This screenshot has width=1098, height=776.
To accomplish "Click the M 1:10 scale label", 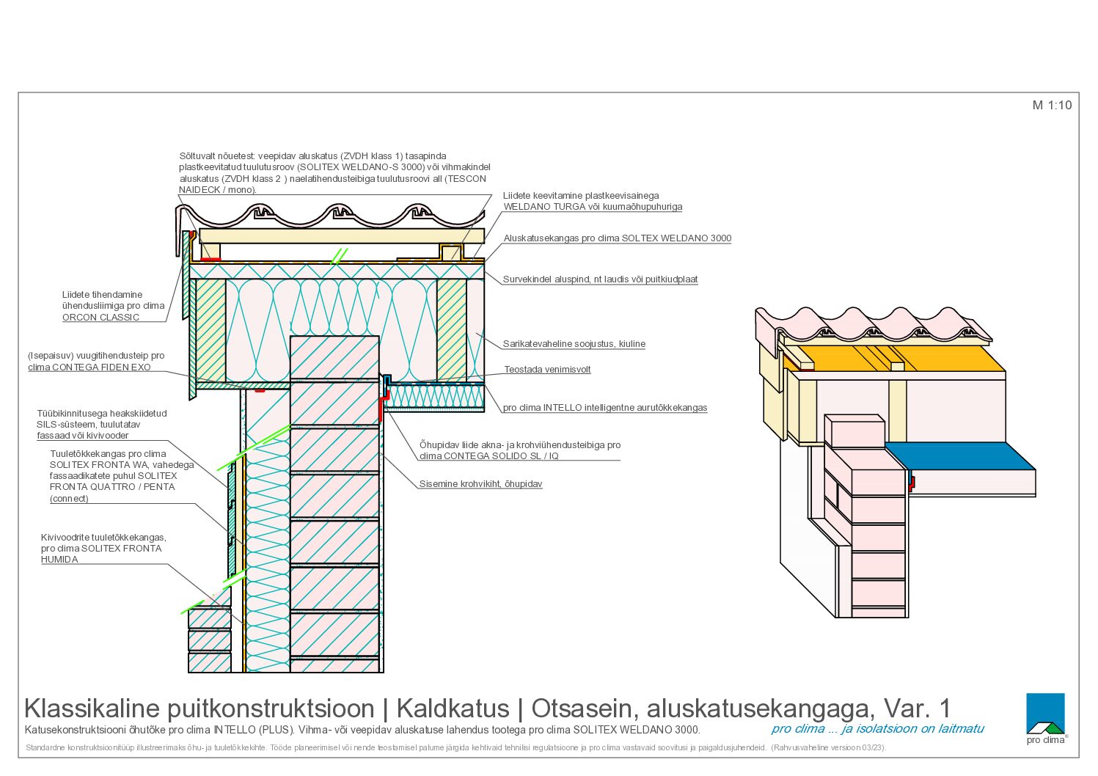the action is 1052,105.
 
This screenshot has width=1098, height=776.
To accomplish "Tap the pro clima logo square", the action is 1045,713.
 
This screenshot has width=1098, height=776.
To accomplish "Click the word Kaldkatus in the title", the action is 453,709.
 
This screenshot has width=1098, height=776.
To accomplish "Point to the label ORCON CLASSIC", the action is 101,317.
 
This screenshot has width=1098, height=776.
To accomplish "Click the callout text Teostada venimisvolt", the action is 547,369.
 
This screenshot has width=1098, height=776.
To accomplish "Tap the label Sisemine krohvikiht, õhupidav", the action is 480,484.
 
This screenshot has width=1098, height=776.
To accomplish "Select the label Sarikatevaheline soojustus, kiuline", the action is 574,344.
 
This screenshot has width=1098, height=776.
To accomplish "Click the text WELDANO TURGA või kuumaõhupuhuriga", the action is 593,206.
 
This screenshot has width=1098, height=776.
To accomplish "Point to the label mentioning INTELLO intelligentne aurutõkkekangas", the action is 605,407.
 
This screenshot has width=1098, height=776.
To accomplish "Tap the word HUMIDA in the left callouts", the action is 59,560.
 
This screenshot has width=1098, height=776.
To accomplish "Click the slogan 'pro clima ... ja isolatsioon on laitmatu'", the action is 877,729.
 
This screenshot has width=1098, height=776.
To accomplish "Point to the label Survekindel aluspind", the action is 601,279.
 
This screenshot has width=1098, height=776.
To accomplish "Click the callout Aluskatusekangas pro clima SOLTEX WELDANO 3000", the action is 618,238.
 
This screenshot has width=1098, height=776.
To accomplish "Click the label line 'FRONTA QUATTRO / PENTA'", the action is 112,487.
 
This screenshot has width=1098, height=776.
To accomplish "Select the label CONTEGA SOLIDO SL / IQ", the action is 488,456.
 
